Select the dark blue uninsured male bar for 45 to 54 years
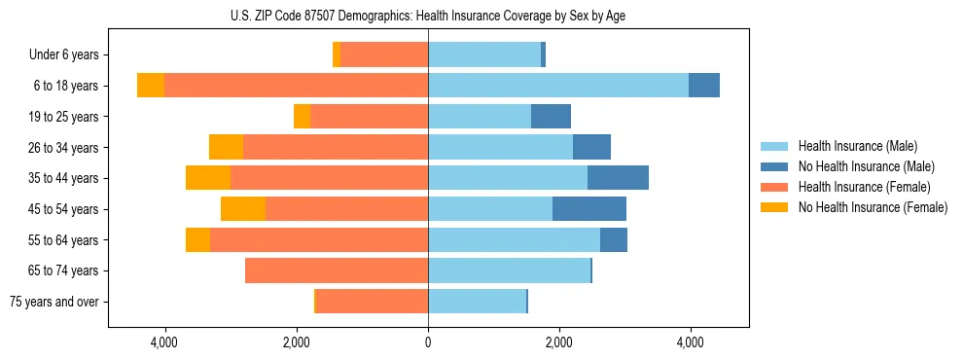(x=589, y=209)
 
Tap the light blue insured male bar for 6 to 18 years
(x=558, y=86)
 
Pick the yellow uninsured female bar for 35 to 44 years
(x=208, y=178)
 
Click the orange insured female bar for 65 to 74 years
(x=337, y=270)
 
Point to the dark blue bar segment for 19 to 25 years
(x=551, y=117)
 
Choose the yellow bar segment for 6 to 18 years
(x=151, y=86)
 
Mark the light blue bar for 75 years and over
(x=477, y=302)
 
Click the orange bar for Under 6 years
(x=385, y=55)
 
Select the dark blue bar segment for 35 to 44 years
(x=618, y=178)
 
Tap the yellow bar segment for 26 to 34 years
(x=226, y=148)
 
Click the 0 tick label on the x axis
(x=428, y=342)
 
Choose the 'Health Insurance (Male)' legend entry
(x=857, y=146)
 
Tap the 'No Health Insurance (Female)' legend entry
(x=873, y=207)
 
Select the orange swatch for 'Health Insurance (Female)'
(x=774, y=187)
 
